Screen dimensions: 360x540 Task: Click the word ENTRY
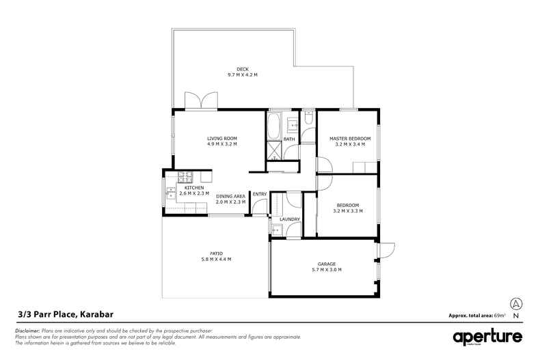(260, 195)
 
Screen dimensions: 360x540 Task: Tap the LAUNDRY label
(290, 219)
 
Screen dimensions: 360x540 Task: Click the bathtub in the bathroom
(273, 126)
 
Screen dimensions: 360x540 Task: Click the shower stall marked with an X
(274, 150)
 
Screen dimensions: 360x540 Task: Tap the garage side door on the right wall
(384, 251)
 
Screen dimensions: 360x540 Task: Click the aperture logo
(487, 336)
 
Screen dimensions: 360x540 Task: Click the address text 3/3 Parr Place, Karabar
(65, 315)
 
